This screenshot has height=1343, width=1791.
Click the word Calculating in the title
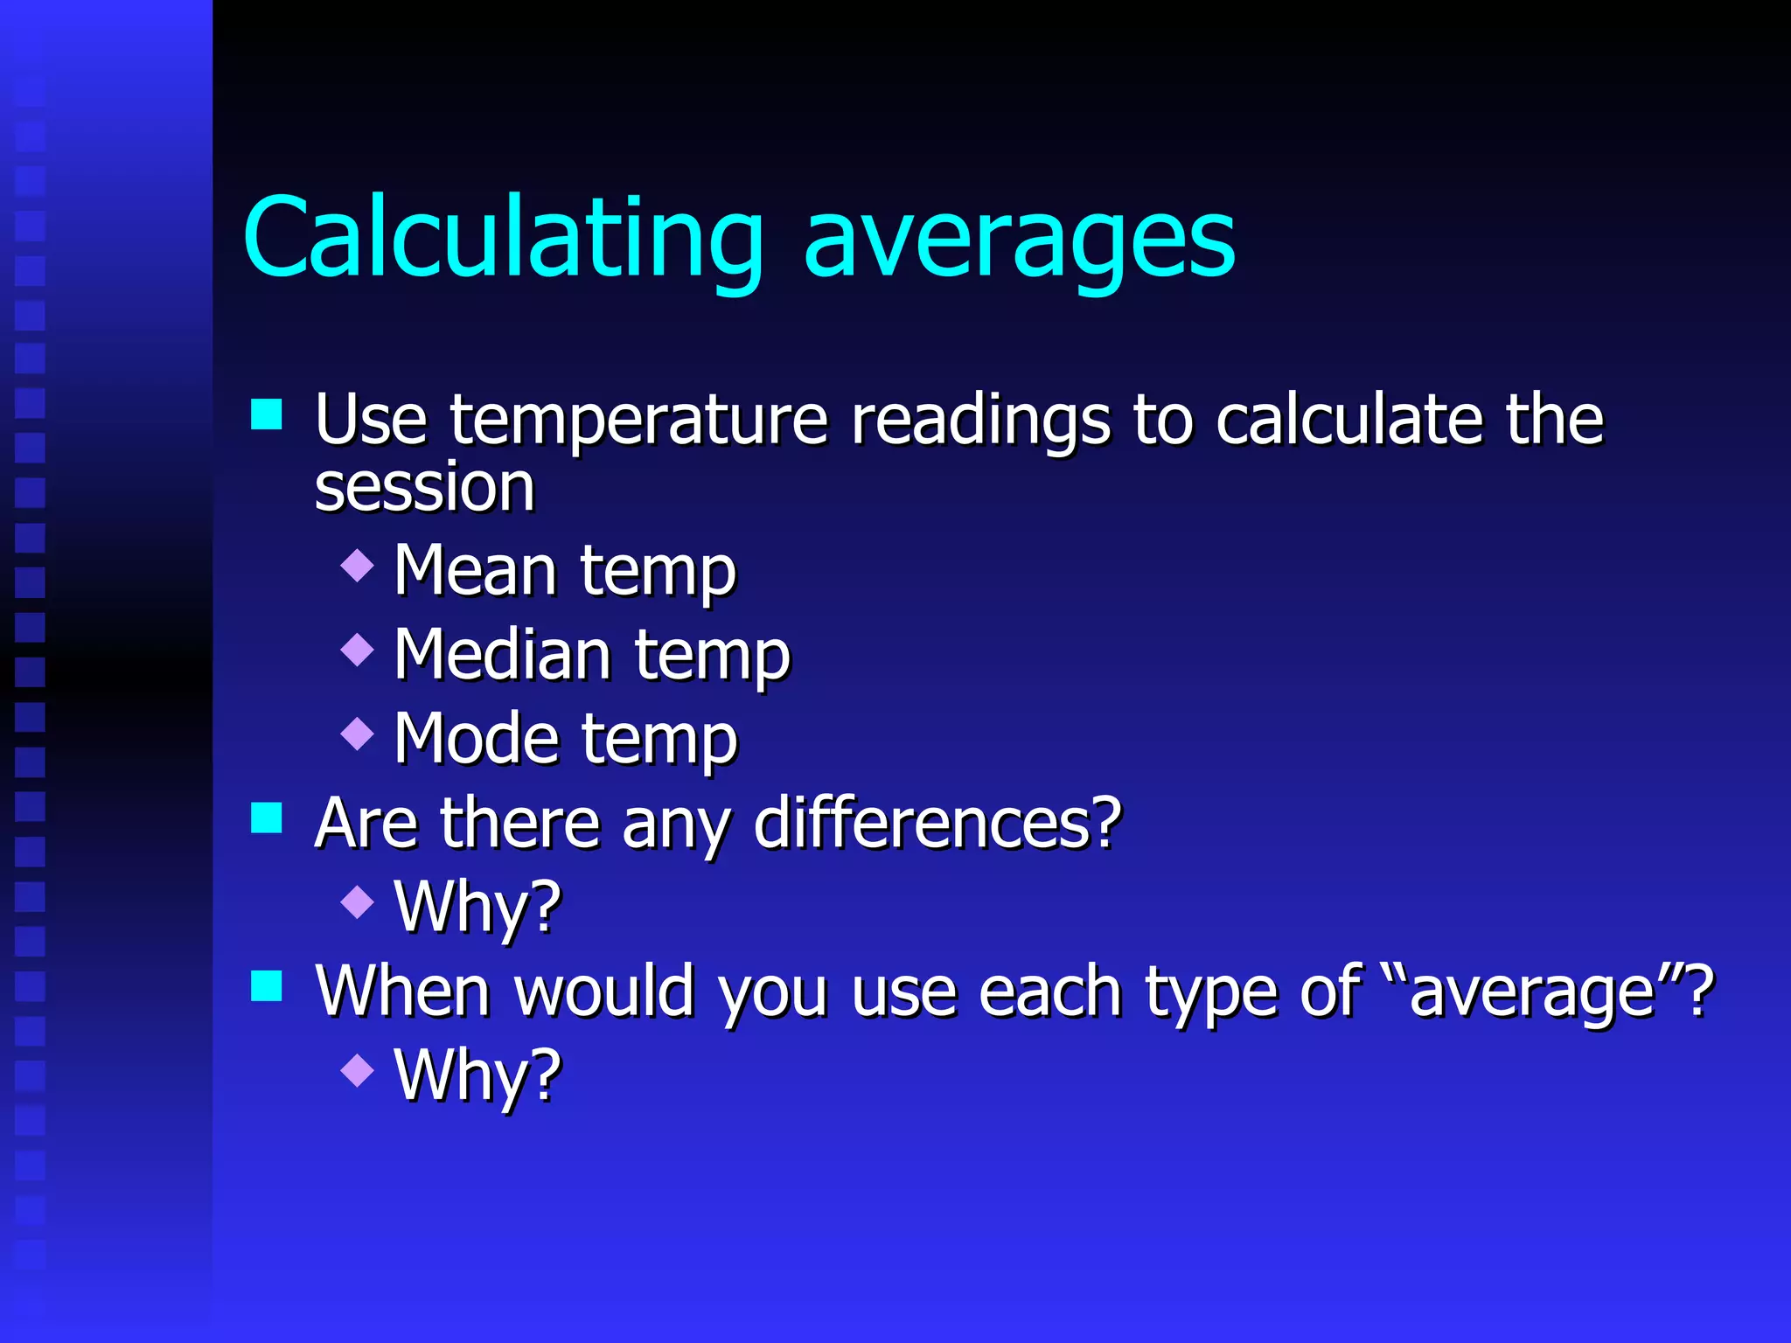coord(503,238)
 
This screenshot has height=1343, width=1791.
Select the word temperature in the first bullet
coord(638,421)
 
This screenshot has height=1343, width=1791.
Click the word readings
coord(980,421)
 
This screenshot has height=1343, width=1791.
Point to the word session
coord(424,488)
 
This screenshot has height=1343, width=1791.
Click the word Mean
coord(475,571)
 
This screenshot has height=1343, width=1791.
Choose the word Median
coord(502,655)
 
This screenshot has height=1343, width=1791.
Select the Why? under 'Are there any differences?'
coord(477,908)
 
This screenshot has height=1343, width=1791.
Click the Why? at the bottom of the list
coord(477,1075)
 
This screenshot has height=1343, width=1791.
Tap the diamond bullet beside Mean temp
coord(357,565)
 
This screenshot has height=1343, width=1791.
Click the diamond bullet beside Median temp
coord(357,649)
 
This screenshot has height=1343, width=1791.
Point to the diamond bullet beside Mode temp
coord(357,733)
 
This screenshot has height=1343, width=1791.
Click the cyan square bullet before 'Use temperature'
coord(267,414)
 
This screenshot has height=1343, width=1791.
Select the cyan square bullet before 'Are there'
coord(267,818)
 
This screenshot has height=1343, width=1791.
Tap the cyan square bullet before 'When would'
coord(267,986)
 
